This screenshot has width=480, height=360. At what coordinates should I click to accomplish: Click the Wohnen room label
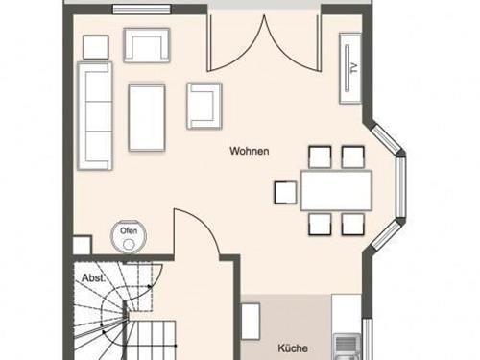pyautogui.click(x=249, y=152)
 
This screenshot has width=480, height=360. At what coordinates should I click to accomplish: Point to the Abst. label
pyautogui.click(x=92, y=278)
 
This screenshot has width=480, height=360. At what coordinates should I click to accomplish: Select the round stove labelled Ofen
pyautogui.click(x=128, y=233)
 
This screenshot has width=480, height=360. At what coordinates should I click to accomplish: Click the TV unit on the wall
pyautogui.click(x=349, y=67)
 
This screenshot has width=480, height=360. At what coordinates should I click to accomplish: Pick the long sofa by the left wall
pyautogui.click(x=96, y=113)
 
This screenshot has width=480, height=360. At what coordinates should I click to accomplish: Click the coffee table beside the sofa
pyautogui.click(x=147, y=116)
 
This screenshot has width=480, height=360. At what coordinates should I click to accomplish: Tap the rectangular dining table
pyautogui.click(x=335, y=189)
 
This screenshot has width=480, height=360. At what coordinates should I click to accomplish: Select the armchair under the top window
pyautogui.click(x=147, y=44)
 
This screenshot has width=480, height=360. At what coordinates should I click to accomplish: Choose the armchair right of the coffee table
pyautogui.click(x=204, y=105)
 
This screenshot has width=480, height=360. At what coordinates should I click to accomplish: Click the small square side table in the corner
pyautogui.click(x=96, y=46)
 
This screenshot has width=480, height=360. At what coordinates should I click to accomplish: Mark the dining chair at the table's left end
pyautogui.click(x=285, y=192)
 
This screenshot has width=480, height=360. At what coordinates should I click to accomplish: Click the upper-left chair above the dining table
pyautogui.click(x=318, y=156)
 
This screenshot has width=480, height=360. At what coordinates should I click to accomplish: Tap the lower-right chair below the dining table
pyautogui.click(x=352, y=224)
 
